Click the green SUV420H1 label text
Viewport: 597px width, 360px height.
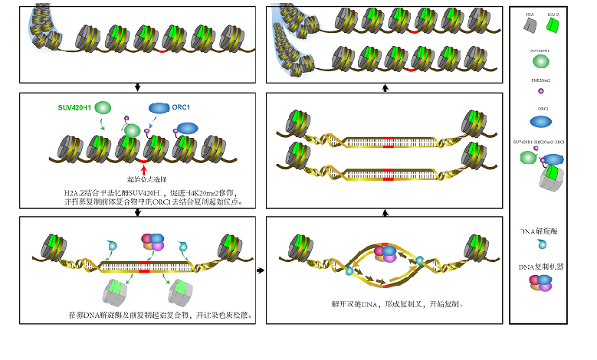point(74,108)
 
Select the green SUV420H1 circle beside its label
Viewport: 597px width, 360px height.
point(103,109)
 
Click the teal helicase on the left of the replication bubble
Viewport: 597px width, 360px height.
point(349,270)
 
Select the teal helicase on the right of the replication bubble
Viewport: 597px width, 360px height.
point(419,261)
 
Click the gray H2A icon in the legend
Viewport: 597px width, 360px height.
point(530,26)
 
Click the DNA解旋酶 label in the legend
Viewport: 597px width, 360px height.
point(542,231)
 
